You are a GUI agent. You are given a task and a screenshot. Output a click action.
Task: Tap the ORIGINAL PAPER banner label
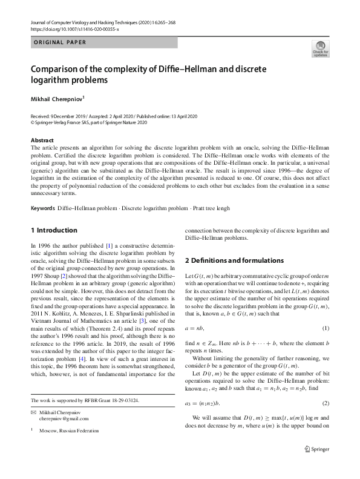(x=59, y=42)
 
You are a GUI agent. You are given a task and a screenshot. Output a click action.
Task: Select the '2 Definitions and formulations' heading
(x=234, y=260)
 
